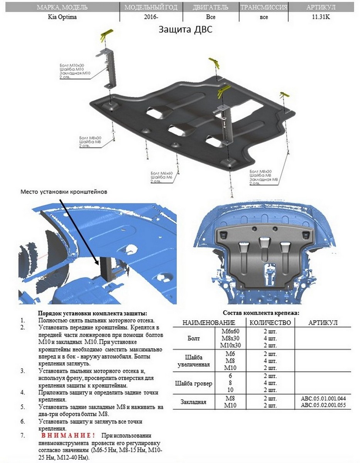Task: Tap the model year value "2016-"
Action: [150, 17]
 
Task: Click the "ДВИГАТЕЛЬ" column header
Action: [211, 7]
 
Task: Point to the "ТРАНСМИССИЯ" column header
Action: [264, 7]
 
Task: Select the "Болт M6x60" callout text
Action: [161, 173]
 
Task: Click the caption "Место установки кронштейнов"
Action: [64, 191]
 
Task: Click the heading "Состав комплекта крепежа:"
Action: [261, 313]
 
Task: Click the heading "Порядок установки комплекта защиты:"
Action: [93, 313]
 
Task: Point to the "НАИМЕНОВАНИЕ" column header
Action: [209, 323]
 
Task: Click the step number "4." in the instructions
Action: [23, 392]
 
